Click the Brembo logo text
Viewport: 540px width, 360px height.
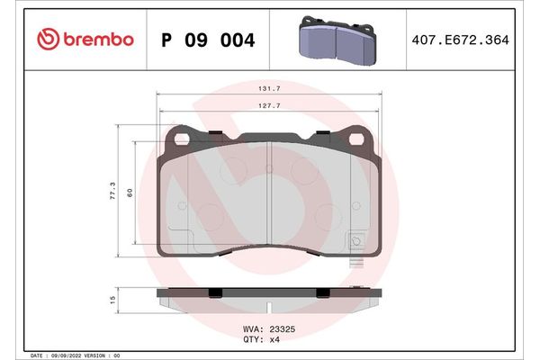pos(98,39)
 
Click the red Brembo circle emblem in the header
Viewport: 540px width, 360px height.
pos(48,39)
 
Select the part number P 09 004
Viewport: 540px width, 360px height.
pos(208,40)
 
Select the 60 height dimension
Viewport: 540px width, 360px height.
pos(130,193)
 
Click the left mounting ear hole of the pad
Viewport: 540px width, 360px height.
pos(180,139)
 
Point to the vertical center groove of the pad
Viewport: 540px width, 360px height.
pos(271,193)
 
